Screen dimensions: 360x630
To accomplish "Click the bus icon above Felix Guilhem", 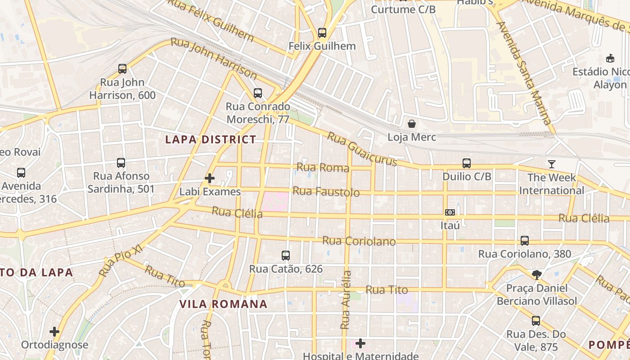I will pos(322,33).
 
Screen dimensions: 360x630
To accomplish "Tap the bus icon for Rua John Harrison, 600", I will pos(122,69).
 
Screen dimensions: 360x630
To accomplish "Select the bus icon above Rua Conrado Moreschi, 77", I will pos(258,93).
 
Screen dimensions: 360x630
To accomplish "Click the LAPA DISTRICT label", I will pos(211,139).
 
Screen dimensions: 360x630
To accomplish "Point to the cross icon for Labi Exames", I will pos(210,179).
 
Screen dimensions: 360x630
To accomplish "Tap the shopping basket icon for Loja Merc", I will pos(412,124).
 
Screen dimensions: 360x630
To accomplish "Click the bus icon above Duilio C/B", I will pos(467,163).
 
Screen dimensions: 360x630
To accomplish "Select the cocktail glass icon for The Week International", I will pos(552,164).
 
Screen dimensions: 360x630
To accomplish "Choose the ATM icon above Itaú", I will pos(450,212).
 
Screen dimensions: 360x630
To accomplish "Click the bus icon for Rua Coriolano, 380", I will pos(525,241).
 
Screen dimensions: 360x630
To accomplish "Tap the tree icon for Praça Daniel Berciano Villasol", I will pos(536,274).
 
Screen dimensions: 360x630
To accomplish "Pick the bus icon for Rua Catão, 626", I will pos(286,256).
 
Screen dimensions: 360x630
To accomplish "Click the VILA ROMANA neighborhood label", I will pos(224,304).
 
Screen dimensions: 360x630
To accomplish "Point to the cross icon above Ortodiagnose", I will pos(54,332).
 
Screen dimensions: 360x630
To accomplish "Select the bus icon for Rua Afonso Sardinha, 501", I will pos(121,163).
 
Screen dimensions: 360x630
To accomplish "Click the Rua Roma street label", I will pos(323,168).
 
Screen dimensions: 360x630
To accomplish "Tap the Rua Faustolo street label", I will pos(326,192).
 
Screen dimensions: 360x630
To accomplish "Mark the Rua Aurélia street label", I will pos(346,299).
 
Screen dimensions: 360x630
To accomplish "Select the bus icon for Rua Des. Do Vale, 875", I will pos(536,321).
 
